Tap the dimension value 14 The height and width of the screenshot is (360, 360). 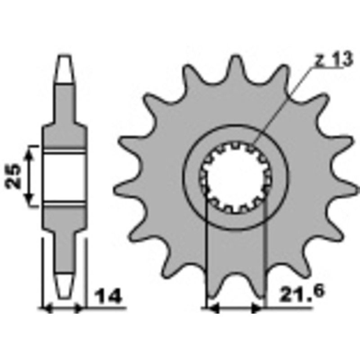(108, 297)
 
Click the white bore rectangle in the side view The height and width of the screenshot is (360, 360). (65, 175)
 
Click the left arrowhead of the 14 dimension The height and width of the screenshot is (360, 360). (45, 309)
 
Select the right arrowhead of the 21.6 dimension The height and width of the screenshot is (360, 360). (258, 309)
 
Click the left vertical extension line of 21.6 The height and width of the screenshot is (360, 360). (206, 252)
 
